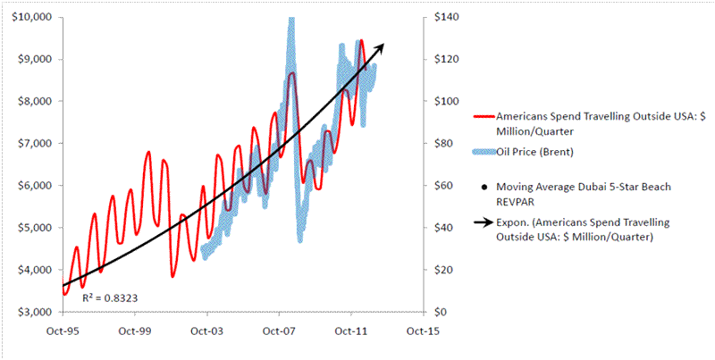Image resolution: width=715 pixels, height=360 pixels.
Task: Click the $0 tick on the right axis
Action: click(x=440, y=312)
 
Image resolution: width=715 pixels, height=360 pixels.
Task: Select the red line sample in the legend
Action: click(x=483, y=117)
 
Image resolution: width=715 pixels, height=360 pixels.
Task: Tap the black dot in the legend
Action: click(x=483, y=188)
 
